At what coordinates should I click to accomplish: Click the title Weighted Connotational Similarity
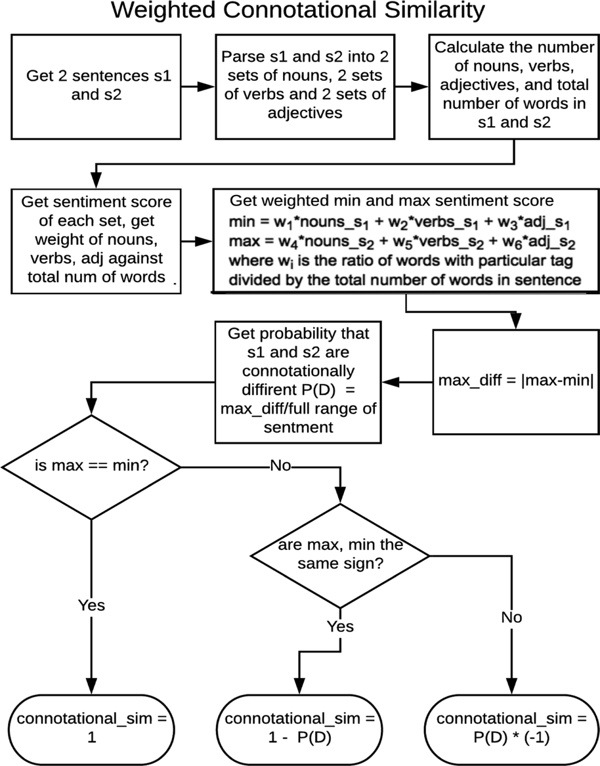(x=298, y=11)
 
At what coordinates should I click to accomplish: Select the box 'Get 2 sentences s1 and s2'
(x=96, y=87)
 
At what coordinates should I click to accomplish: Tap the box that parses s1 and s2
(x=305, y=87)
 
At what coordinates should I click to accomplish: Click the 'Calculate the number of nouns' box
(x=514, y=87)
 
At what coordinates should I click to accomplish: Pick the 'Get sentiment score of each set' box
(x=96, y=241)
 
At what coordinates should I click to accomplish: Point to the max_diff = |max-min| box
(x=515, y=381)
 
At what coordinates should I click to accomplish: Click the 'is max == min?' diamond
(x=91, y=467)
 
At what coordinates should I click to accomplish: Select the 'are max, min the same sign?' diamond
(x=340, y=555)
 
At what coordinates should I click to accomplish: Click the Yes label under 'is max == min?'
(x=91, y=605)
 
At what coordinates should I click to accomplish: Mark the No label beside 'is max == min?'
(x=280, y=465)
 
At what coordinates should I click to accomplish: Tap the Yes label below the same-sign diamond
(x=340, y=626)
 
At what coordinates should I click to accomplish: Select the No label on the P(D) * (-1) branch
(x=511, y=618)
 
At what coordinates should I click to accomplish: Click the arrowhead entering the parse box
(x=207, y=87)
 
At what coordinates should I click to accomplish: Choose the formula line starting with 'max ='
(x=401, y=242)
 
